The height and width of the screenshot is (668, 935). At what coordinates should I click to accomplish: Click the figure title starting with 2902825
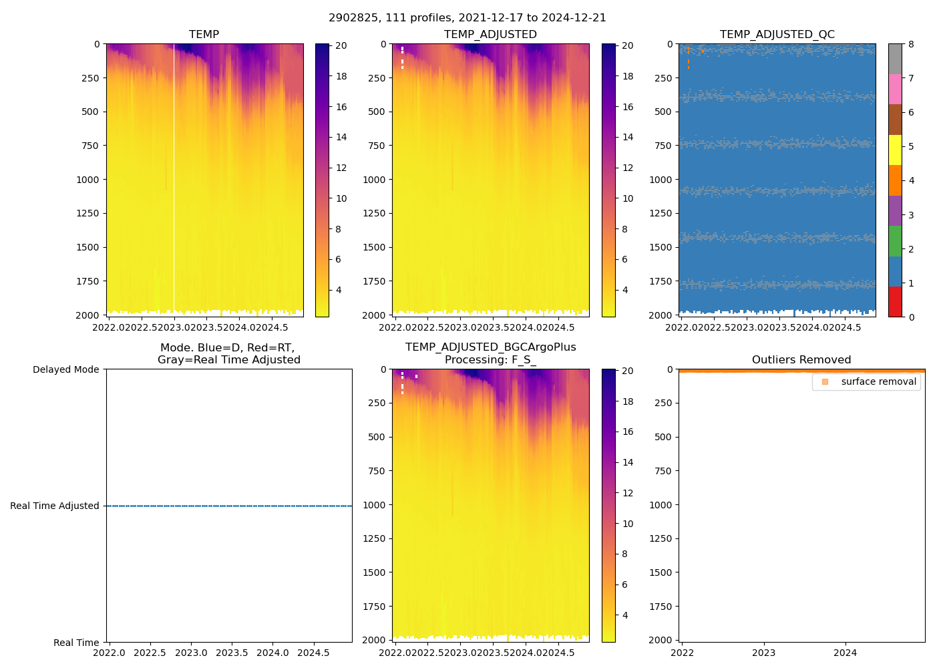click(x=467, y=18)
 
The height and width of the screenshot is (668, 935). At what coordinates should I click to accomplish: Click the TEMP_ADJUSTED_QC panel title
click(x=777, y=35)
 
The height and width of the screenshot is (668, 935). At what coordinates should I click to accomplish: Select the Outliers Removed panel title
click(x=801, y=360)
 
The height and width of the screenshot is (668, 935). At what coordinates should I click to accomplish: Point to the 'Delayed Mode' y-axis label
click(x=65, y=369)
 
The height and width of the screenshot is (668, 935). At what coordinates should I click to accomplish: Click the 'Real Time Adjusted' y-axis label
click(x=55, y=506)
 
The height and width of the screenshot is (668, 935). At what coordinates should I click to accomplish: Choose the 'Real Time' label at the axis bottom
click(x=76, y=643)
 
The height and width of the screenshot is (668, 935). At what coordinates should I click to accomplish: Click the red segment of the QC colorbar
click(x=895, y=301)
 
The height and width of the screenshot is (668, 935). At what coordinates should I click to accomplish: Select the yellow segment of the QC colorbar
click(x=895, y=150)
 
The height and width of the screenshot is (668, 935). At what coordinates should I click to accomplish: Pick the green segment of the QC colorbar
click(x=895, y=240)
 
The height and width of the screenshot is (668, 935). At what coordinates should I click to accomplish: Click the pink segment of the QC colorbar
click(x=895, y=89)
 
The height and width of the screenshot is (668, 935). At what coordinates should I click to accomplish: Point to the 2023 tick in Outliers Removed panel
click(x=764, y=653)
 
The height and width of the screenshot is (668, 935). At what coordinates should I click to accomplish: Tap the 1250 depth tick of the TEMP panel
click(x=87, y=213)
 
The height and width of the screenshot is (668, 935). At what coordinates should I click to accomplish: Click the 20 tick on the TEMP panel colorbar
click(x=341, y=45)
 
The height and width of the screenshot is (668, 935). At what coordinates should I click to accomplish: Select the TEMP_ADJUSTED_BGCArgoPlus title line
click(x=490, y=347)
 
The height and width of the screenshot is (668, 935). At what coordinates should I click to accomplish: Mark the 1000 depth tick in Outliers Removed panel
click(x=662, y=505)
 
